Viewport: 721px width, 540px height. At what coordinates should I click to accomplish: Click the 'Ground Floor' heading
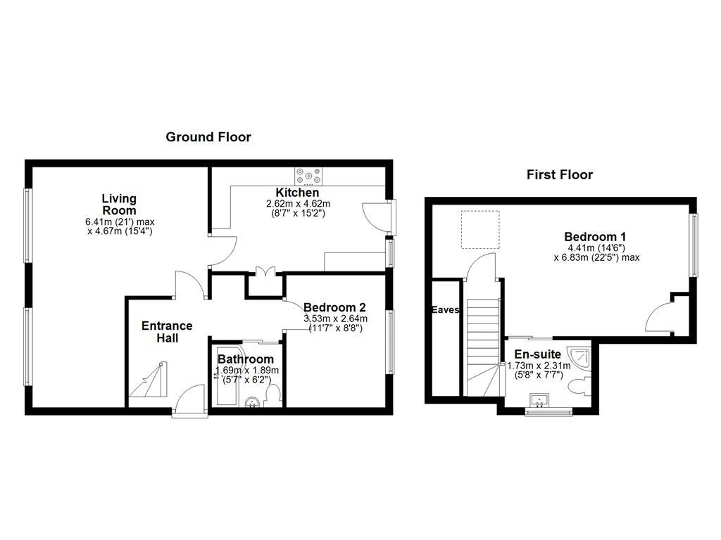coord(208,137)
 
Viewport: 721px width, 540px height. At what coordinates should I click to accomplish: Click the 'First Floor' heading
coord(560,175)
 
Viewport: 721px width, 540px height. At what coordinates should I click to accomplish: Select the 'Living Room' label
coord(119,205)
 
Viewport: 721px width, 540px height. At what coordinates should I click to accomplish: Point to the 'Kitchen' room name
coord(297,193)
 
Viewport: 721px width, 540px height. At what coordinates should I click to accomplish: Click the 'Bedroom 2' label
coord(334,307)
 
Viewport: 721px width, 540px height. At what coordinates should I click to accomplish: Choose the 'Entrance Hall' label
coord(167,332)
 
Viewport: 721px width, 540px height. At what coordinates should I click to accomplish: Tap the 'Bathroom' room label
coord(246,359)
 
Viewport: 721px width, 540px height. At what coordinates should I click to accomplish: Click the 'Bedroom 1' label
coord(595,237)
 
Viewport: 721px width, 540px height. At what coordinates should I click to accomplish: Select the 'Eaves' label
coord(446,310)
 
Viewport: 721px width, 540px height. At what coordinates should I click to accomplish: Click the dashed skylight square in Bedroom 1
coord(480,229)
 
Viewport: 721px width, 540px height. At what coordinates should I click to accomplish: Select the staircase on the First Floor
coord(483,345)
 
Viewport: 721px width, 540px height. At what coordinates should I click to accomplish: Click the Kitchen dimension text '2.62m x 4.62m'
coord(298,203)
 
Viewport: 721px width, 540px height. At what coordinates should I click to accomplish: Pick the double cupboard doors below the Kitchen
coord(265,272)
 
